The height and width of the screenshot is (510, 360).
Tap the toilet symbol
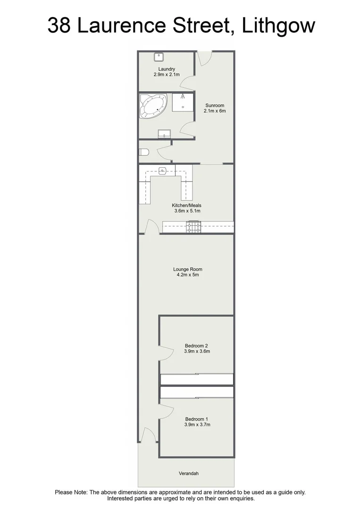pos(144,152)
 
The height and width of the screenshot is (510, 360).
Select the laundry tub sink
pos(159,57)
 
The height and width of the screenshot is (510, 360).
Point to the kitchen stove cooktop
pos(193,228)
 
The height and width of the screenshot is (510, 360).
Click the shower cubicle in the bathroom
pos(182,102)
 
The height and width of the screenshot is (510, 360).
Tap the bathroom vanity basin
pos(164,133)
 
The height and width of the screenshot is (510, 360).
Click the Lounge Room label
pos(187,269)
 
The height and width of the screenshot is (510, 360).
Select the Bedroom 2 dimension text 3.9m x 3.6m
pos(197,351)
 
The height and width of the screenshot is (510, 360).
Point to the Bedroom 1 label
pos(197,419)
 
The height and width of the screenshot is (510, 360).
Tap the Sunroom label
pos(215,105)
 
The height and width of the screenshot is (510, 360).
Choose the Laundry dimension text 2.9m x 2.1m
pos(167,75)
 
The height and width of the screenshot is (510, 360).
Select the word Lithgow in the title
pos(278,25)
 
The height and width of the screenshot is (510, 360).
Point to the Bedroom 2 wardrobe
pos(197,379)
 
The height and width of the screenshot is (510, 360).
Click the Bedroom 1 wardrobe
pos(197,392)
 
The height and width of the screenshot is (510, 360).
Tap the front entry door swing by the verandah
pos(147,435)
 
